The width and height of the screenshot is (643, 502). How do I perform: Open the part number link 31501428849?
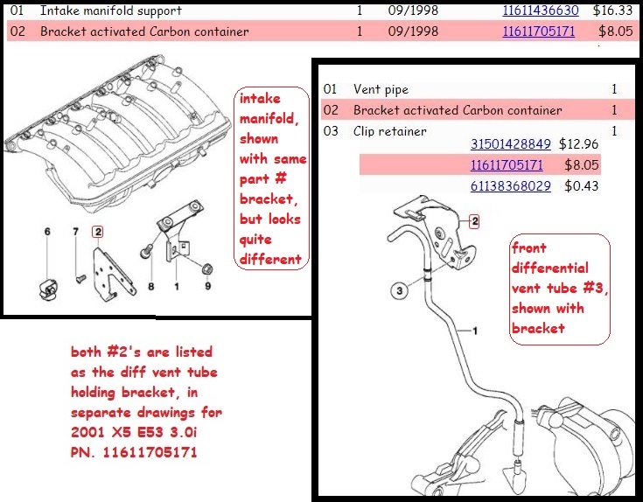coord(511,143)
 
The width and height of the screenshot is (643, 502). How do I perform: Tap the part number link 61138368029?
coord(511,185)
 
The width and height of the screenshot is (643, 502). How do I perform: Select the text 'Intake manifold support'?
coord(110,11)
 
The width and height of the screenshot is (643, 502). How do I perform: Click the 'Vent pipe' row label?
coord(381,89)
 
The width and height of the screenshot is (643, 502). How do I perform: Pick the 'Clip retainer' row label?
coord(389,131)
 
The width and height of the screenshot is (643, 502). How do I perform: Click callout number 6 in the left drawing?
coord(48,232)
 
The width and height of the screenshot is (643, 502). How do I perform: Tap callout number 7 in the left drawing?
coord(76,232)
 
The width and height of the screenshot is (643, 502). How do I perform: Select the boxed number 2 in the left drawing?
coord(98,232)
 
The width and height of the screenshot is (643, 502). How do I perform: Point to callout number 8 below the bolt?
coord(150,286)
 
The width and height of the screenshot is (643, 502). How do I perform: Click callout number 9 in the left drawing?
coord(207,286)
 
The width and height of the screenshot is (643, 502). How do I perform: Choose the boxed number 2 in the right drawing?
coord(475,221)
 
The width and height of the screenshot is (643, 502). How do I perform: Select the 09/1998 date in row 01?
coord(414,11)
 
